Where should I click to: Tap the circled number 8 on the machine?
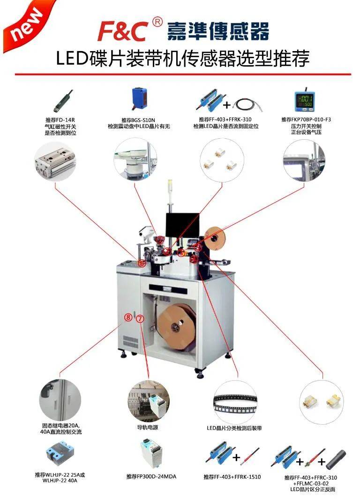point(128,317)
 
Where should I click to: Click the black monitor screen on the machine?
point(182,226)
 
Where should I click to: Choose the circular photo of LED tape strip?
point(235,399)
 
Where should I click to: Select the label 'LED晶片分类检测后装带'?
point(234,428)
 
